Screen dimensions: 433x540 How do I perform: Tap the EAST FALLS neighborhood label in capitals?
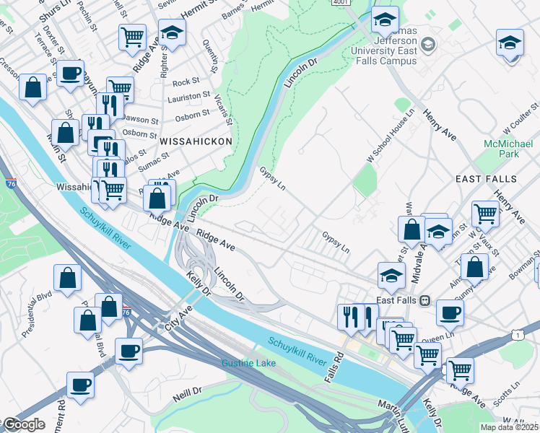(x=486, y=178)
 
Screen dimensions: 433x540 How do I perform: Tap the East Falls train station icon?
(x=425, y=300)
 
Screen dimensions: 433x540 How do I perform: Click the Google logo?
(x=25, y=424)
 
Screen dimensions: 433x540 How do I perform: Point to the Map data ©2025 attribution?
(x=510, y=427)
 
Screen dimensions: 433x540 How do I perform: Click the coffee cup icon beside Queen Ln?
(x=450, y=312)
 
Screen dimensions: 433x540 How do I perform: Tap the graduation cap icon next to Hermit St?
(x=172, y=34)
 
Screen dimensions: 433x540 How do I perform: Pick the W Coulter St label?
(x=521, y=119)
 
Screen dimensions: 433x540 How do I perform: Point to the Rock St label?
(x=186, y=82)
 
